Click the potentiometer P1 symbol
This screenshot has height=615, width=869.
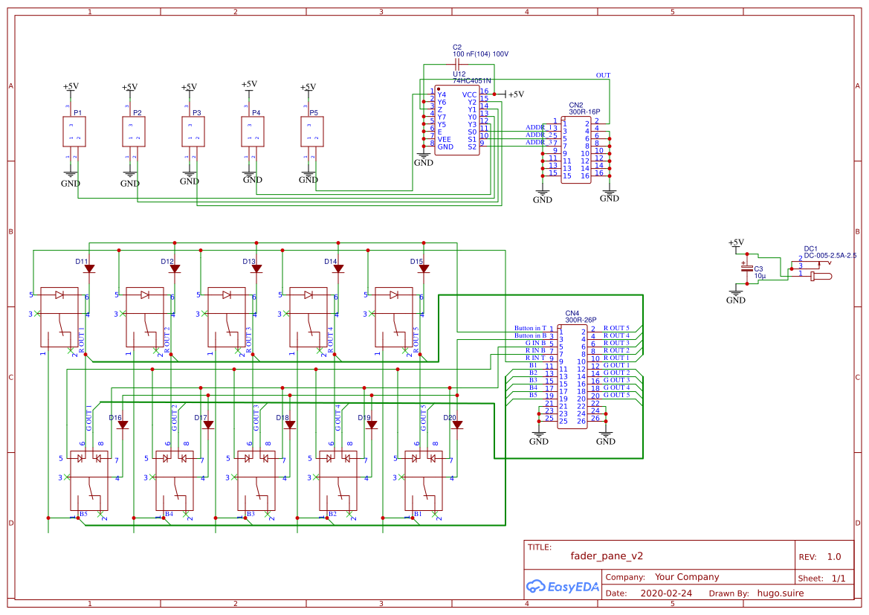coord(74,132)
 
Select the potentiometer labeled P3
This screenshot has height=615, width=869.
coord(193,132)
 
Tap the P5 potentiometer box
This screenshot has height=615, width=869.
coord(312,132)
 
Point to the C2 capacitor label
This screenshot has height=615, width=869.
coord(457,47)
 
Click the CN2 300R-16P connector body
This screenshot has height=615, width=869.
coord(576,149)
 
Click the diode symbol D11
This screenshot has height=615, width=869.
coord(89,269)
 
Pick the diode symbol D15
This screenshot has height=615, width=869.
coord(424,269)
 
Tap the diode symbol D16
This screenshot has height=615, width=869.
coord(123,425)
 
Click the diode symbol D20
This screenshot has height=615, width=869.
coord(457,425)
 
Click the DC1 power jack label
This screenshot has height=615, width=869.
coord(810,248)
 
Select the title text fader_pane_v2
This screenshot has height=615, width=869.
coord(607,556)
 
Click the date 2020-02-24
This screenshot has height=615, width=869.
coord(665,593)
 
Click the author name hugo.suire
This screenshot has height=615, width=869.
coord(780,593)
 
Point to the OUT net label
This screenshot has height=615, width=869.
coord(603,75)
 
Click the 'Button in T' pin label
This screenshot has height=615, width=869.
coord(530,328)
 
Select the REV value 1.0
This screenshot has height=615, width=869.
coord(833,556)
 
